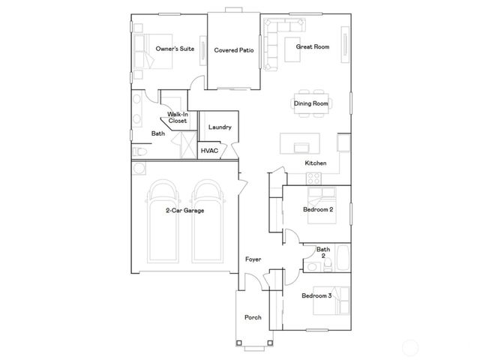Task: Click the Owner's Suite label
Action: point(175,49)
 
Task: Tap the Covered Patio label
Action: point(233,50)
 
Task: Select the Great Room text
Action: point(312,46)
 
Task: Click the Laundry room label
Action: point(220,127)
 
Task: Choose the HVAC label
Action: point(209,151)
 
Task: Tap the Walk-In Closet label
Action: point(177,117)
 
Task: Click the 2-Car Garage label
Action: point(184,211)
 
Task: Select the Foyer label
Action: point(253,259)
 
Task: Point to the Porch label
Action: point(253,317)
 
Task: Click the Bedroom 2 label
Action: point(317,210)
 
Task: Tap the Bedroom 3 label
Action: point(316,296)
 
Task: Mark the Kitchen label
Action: point(315,163)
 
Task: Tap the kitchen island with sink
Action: point(301,143)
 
